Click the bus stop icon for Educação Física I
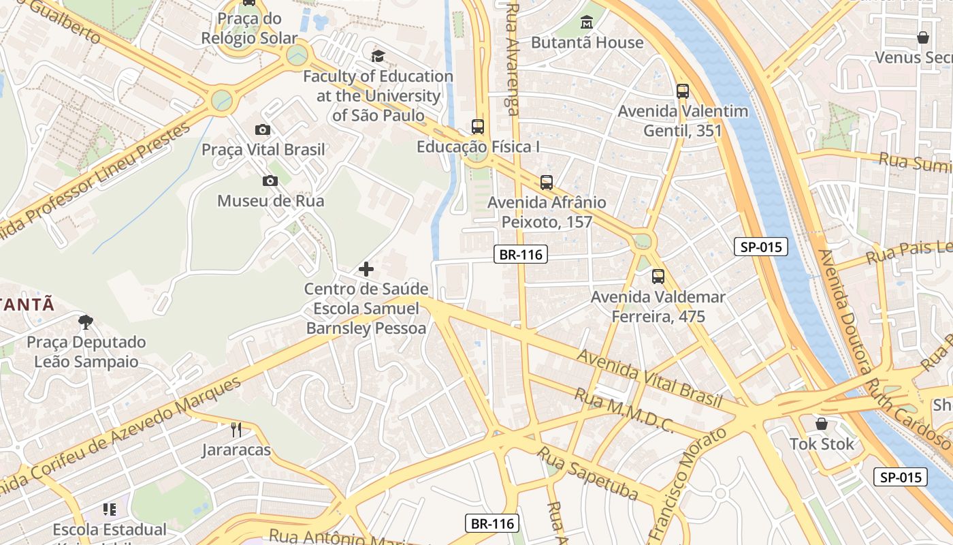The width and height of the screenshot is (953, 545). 478,127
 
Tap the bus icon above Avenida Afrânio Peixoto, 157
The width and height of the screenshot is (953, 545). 547,182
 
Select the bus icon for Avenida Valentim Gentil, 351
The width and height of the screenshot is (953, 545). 682,91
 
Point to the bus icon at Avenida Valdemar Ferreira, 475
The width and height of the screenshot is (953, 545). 658,276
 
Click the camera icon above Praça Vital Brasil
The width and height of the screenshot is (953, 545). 263,129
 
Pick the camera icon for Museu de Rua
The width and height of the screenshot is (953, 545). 270,181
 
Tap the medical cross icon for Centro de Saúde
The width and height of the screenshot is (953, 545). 366,269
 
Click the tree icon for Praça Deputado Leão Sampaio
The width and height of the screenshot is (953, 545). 86,322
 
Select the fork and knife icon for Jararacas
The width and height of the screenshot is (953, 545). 236,430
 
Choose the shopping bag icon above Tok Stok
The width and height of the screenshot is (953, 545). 822,424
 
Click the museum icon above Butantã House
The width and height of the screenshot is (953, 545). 586,22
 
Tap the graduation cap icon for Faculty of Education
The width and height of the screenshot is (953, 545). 378,56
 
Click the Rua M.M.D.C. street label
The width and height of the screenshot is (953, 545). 624,411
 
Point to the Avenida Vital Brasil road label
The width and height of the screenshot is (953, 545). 649,377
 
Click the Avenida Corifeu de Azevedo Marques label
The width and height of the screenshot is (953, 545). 123,436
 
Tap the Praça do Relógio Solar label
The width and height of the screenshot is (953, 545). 249,28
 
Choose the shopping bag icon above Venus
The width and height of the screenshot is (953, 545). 923,37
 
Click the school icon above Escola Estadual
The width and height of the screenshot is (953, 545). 110,509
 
